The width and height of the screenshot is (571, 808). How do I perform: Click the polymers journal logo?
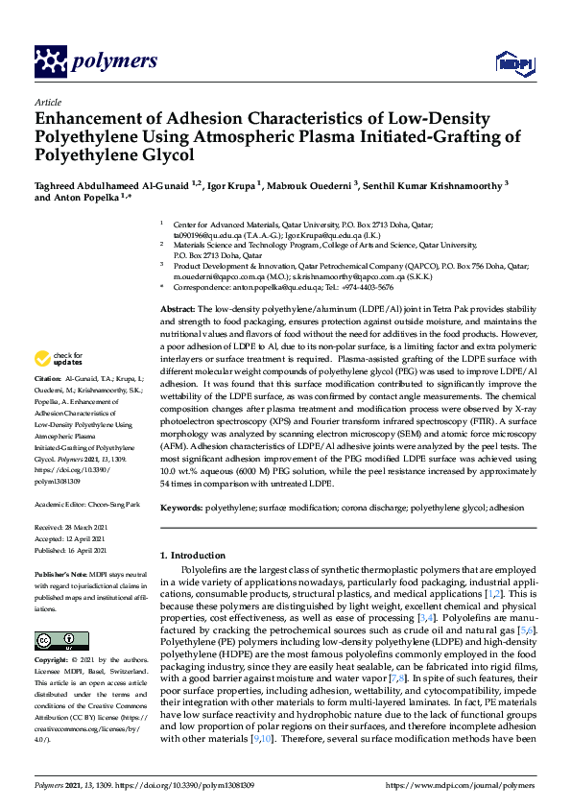coord(95,61)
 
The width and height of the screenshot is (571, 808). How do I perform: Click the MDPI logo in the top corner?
coord(512,63)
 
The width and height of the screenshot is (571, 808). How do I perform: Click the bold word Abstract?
coord(178,308)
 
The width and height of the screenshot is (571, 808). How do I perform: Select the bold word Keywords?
coord(180,505)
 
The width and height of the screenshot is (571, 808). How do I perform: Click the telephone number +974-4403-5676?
coord(366,287)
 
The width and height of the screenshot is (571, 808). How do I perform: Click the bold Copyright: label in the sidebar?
coord(54,660)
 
